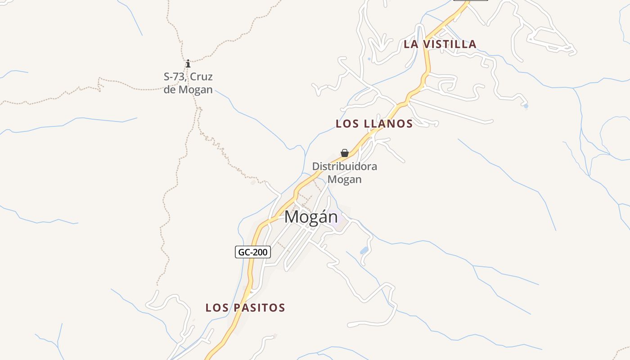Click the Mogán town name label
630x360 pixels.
pyautogui.click(x=311, y=217)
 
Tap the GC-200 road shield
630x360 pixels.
pyautogui.click(x=253, y=252)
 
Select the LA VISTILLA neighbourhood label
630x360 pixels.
pyautogui.click(x=440, y=44)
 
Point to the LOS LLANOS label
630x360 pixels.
pyautogui.click(x=374, y=124)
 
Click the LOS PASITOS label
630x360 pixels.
pyautogui.click(x=245, y=308)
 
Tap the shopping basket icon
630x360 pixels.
pyautogui.click(x=345, y=153)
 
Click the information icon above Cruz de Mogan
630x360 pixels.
pyautogui.click(x=188, y=63)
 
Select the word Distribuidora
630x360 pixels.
pyautogui.click(x=345, y=166)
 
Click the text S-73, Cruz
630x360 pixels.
pyautogui.click(x=188, y=76)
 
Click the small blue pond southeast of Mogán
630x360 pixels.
pyautogui.click(x=364, y=250)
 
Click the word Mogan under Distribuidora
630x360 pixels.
pyautogui.click(x=345, y=179)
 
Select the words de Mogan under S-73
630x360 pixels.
pyautogui.click(x=188, y=90)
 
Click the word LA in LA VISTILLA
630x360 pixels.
pyautogui.click(x=410, y=44)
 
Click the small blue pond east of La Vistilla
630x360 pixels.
pyautogui.click(x=526, y=106)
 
